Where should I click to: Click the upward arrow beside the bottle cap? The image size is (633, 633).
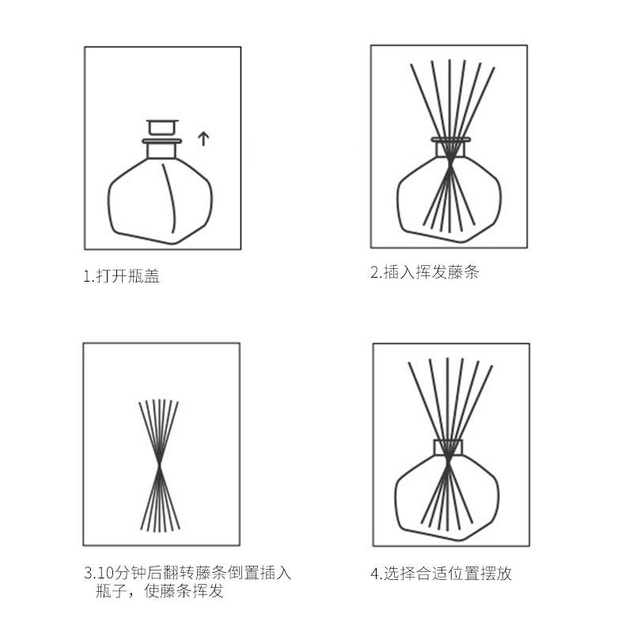coord(203,139)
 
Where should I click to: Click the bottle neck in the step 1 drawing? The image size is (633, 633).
coord(162,149)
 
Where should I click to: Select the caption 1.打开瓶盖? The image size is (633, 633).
coord(121,277)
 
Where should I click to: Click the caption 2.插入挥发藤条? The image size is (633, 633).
coord(425,273)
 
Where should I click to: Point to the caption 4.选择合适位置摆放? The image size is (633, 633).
coord(441,574)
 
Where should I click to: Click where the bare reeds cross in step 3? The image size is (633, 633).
coord(160,464)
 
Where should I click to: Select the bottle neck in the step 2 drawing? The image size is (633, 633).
coord(450,147)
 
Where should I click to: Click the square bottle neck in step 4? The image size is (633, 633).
coord(448,448)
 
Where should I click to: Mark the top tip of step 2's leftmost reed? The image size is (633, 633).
coord(413,65)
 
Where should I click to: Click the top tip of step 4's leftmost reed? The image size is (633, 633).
coord(409,363)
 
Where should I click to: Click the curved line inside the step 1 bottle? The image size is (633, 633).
coord(170,198)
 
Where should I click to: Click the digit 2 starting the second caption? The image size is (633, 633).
coord(374,274)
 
